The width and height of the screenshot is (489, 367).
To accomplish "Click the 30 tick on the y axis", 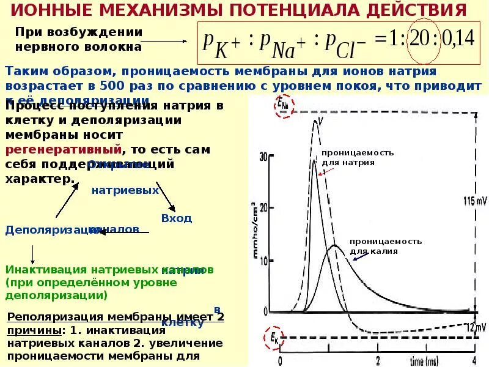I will (x=263, y=157).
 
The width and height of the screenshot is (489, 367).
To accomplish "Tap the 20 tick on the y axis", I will (x=263, y=208).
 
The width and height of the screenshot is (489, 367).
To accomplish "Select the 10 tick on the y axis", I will (x=264, y=260).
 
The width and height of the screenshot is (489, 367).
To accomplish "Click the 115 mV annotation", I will (x=474, y=201).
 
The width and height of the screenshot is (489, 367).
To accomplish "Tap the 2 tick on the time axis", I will (x=378, y=360).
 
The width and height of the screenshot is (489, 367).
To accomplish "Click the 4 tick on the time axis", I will (x=474, y=360).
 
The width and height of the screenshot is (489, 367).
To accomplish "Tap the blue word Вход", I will (x=176, y=218).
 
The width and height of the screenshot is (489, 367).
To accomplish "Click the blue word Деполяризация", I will (x=46, y=230).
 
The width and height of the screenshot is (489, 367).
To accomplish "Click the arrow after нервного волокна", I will (x=167, y=41).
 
